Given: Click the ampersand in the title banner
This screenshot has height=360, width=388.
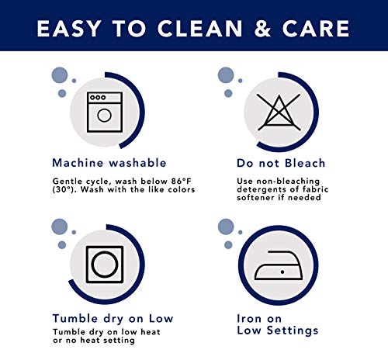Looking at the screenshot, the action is [x=262, y=28].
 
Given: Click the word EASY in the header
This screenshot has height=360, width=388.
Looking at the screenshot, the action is [x=69, y=28].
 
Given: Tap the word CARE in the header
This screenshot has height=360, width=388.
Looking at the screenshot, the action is [x=316, y=28].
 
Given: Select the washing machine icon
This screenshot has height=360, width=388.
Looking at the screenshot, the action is [x=105, y=112].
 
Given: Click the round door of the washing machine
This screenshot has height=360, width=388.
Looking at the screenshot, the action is [x=105, y=116].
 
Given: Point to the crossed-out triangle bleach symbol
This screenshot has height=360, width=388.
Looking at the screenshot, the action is [x=279, y=112].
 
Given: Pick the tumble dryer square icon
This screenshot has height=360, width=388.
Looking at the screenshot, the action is [x=105, y=265].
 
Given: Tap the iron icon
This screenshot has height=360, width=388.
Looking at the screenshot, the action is [x=279, y=265].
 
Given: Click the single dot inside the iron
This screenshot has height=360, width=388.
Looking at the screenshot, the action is [x=282, y=272].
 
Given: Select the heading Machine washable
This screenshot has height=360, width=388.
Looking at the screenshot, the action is [x=109, y=163].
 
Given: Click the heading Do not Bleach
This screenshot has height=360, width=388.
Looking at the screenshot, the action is [x=281, y=163].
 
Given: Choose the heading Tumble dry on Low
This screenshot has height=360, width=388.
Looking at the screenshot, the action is [x=113, y=319].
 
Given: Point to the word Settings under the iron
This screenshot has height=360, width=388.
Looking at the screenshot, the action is [x=293, y=331].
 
